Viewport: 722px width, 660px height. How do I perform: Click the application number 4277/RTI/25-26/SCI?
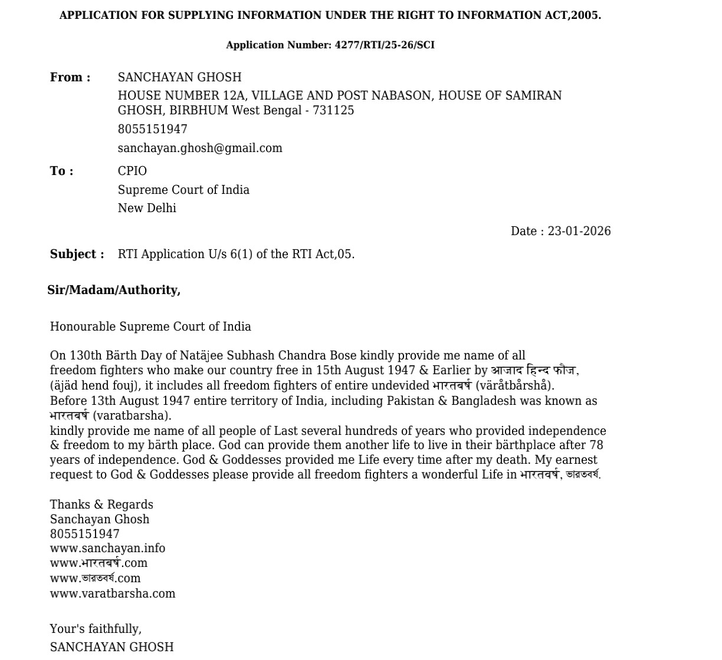coord(385,45)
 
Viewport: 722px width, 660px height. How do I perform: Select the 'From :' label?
coord(70,78)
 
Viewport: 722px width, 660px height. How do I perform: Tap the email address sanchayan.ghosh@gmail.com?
coord(200,148)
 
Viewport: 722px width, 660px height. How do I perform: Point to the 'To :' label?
coord(62,171)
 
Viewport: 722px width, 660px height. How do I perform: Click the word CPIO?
coord(132,171)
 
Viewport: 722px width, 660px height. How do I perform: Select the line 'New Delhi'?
coord(147,209)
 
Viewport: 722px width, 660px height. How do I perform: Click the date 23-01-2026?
coord(579,232)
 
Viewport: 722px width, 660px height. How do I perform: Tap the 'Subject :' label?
coord(77,255)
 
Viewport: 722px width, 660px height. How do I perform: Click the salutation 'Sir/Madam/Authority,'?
coord(114,291)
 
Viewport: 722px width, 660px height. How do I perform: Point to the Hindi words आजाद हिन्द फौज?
coord(533,371)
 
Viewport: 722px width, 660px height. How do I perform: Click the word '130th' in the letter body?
coord(86,356)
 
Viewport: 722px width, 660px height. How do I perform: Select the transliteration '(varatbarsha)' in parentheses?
coord(132,416)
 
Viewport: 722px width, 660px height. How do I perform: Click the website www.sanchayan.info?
coord(107,549)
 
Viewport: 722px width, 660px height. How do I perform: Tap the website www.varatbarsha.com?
coord(113,594)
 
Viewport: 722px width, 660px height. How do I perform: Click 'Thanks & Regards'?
coord(101,505)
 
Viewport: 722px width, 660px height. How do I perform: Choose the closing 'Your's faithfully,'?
coord(96,629)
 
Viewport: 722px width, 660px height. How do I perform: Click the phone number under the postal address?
coord(152,130)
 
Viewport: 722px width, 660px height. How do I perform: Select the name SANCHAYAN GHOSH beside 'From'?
coord(179,78)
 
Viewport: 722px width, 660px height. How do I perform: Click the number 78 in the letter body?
coord(596,445)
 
